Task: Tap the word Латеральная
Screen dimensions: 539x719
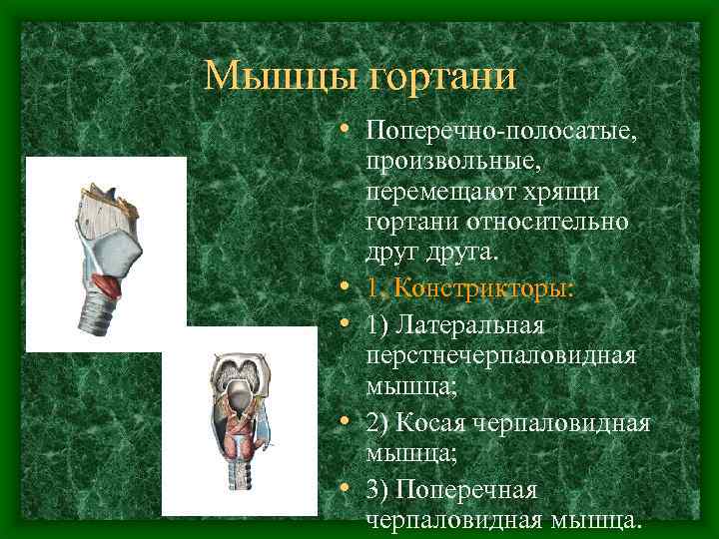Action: click(x=470, y=326)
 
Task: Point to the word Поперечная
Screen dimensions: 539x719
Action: click(x=466, y=490)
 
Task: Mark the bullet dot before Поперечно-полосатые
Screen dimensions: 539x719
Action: click(x=344, y=131)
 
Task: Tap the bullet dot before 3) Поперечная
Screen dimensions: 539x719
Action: click(x=344, y=490)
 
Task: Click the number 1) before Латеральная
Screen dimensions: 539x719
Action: click(x=378, y=326)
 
